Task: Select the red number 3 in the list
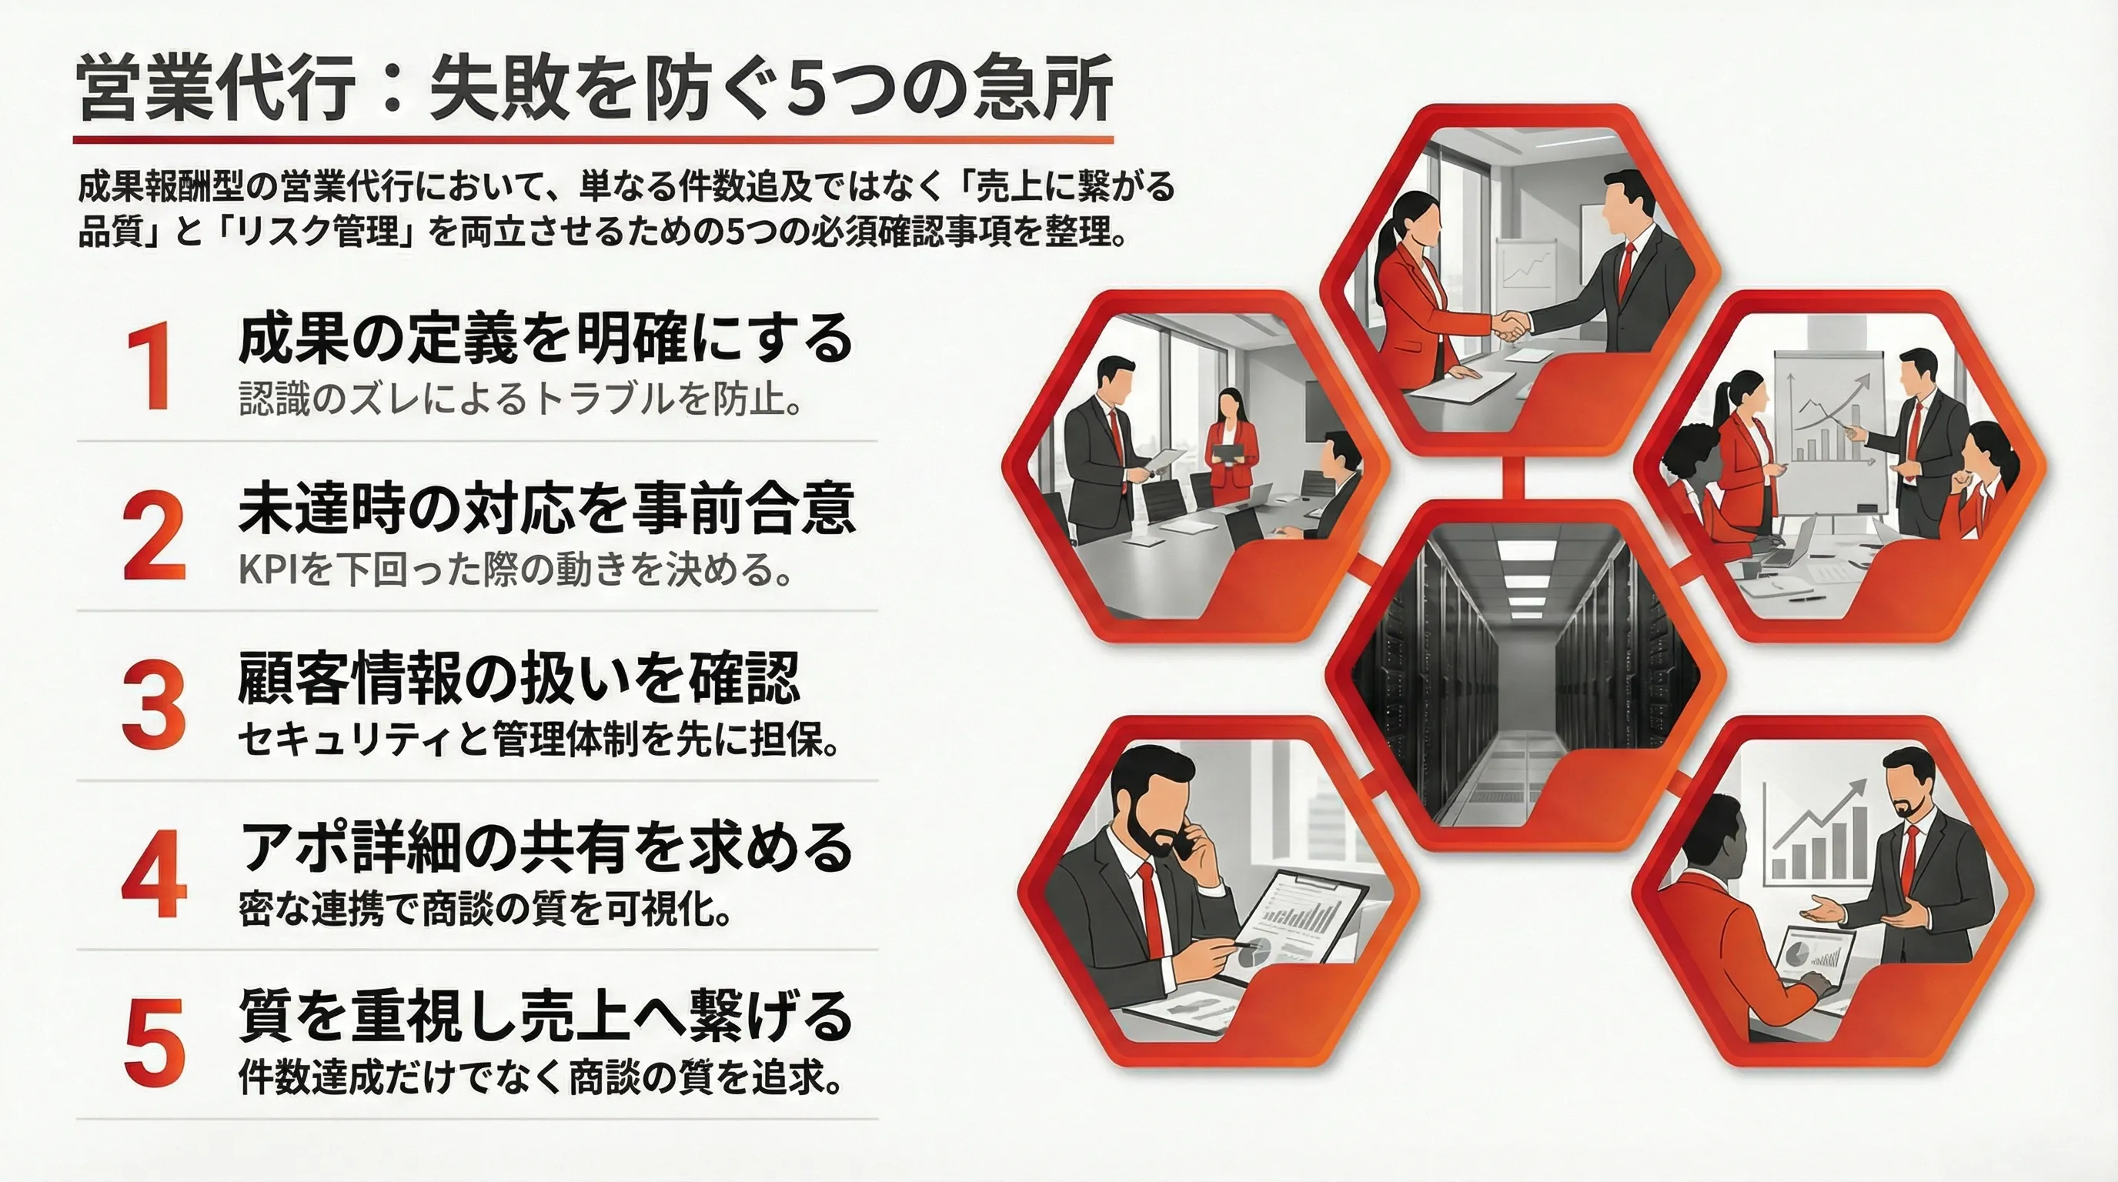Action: pyautogui.click(x=154, y=706)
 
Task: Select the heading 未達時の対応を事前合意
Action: pyautogui.click(x=546, y=509)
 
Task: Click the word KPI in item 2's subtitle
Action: pyautogui.click(x=261, y=569)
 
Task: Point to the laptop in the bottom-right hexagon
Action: pyautogui.click(x=1815, y=963)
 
